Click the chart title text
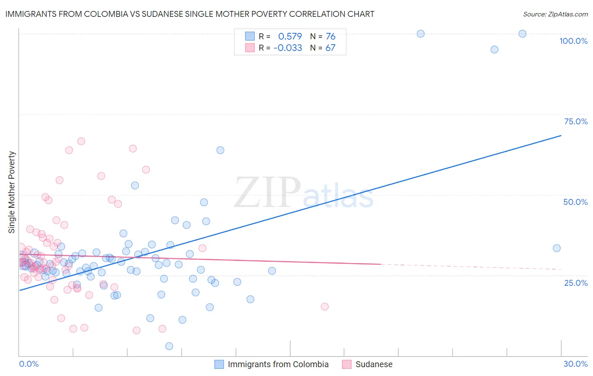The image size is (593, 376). [190, 14]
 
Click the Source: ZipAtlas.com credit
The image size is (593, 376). [555, 14]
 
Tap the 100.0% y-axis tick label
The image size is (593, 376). [573, 41]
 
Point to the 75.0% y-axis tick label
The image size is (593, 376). [576, 121]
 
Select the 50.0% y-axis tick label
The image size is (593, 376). [575, 202]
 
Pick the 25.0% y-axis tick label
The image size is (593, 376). [576, 282]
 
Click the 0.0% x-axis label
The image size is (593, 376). [29, 364]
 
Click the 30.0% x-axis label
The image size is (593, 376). [575, 364]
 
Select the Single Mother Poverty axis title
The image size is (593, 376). [12, 192]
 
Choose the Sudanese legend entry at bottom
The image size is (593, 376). [374, 364]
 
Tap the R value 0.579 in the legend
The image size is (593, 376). [290, 36]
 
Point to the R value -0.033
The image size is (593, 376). [288, 48]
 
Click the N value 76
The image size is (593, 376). [330, 36]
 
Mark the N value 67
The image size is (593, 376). [330, 48]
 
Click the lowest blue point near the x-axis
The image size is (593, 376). [169, 346]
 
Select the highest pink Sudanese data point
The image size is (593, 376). [81, 141]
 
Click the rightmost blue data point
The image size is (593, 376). [557, 248]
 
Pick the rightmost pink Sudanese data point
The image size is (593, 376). [325, 306]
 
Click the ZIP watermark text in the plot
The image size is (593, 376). [267, 193]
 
